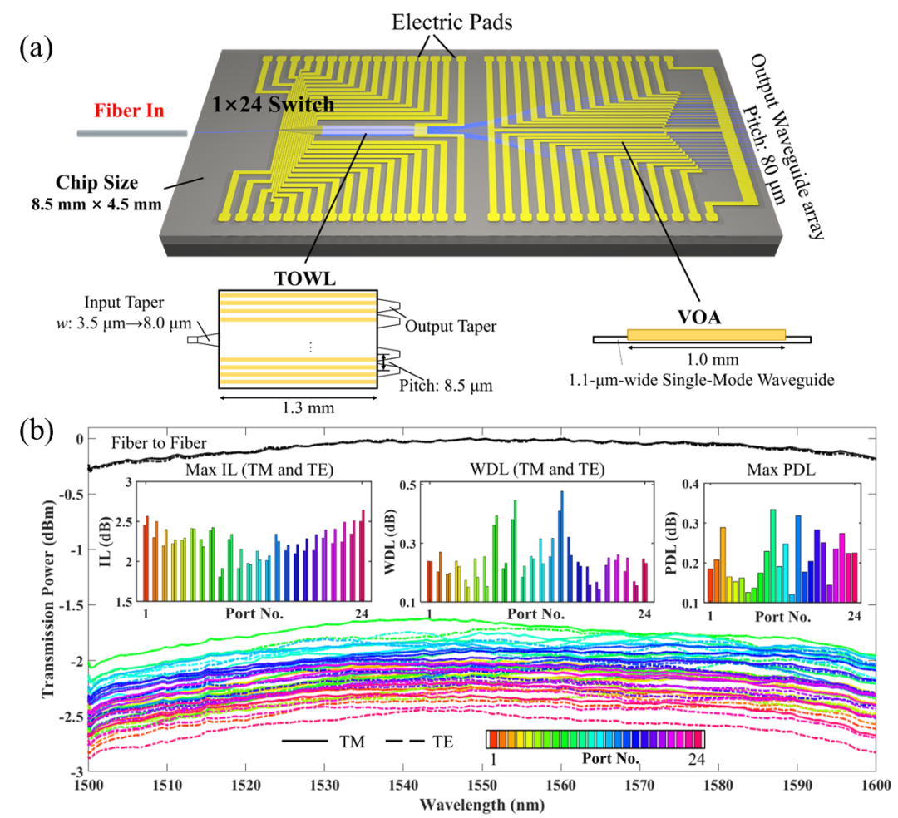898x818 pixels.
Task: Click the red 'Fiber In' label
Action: [129, 111]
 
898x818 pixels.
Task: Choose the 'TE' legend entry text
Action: [442, 740]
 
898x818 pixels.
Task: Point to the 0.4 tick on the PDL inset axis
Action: [693, 484]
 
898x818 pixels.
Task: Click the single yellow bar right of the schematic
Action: [706, 334]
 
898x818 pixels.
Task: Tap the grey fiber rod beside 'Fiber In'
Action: [131, 132]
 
